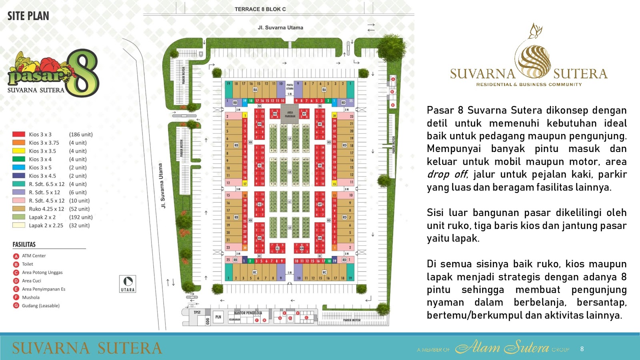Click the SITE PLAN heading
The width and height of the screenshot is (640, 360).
pyautogui.click(x=28, y=16)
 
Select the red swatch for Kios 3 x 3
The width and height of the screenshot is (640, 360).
pyautogui.click(x=19, y=134)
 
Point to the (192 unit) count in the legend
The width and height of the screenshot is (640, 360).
pyautogui.click(x=81, y=217)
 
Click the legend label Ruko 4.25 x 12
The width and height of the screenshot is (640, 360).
pyautogui.click(x=46, y=209)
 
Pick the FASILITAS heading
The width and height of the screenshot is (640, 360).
pyautogui.click(x=24, y=244)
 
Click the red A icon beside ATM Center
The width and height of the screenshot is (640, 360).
pyautogui.click(x=16, y=256)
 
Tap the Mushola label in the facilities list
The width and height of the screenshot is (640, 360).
pyautogui.click(x=31, y=298)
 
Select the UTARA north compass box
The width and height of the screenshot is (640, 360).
pyautogui.click(x=128, y=284)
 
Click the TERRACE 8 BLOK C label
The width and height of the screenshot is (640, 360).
pyautogui.click(x=260, y=9)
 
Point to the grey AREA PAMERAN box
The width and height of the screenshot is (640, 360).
pyautogui.click(x=290, y=114)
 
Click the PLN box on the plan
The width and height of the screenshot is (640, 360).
pyautogui.click(x=218, y=317)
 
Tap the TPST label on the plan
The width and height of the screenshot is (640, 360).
pyautogui.click(x=197, y=312)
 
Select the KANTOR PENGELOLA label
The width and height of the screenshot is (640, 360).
pyautogui.click(x=248, y=313)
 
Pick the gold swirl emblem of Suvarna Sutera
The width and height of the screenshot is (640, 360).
pyautogui.click(x=532, y=60)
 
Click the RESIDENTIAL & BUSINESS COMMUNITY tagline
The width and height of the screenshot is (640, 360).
pyautogui.click(x=529, y=84)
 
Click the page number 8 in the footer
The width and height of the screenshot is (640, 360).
pyautogui.click(x=582, y=349)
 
